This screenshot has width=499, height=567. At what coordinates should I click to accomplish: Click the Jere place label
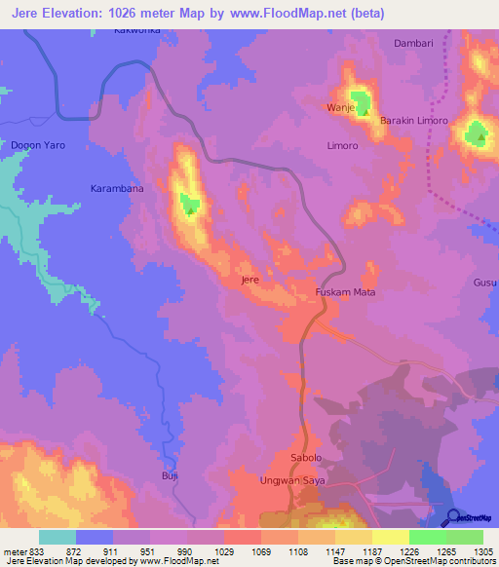[x=249, y=280]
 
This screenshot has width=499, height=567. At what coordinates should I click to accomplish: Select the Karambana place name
[x=117, y=188]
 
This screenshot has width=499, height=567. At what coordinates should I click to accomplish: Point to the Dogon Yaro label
[x=37, y=145]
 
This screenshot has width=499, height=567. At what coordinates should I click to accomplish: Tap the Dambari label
[x=412, y=44]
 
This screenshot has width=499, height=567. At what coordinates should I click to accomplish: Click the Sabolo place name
[x=306, y=458]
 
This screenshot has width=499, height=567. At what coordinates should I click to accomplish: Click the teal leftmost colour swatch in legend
[x=58, y=537]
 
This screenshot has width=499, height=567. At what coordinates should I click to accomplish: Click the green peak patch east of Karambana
[x=188, y=204]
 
